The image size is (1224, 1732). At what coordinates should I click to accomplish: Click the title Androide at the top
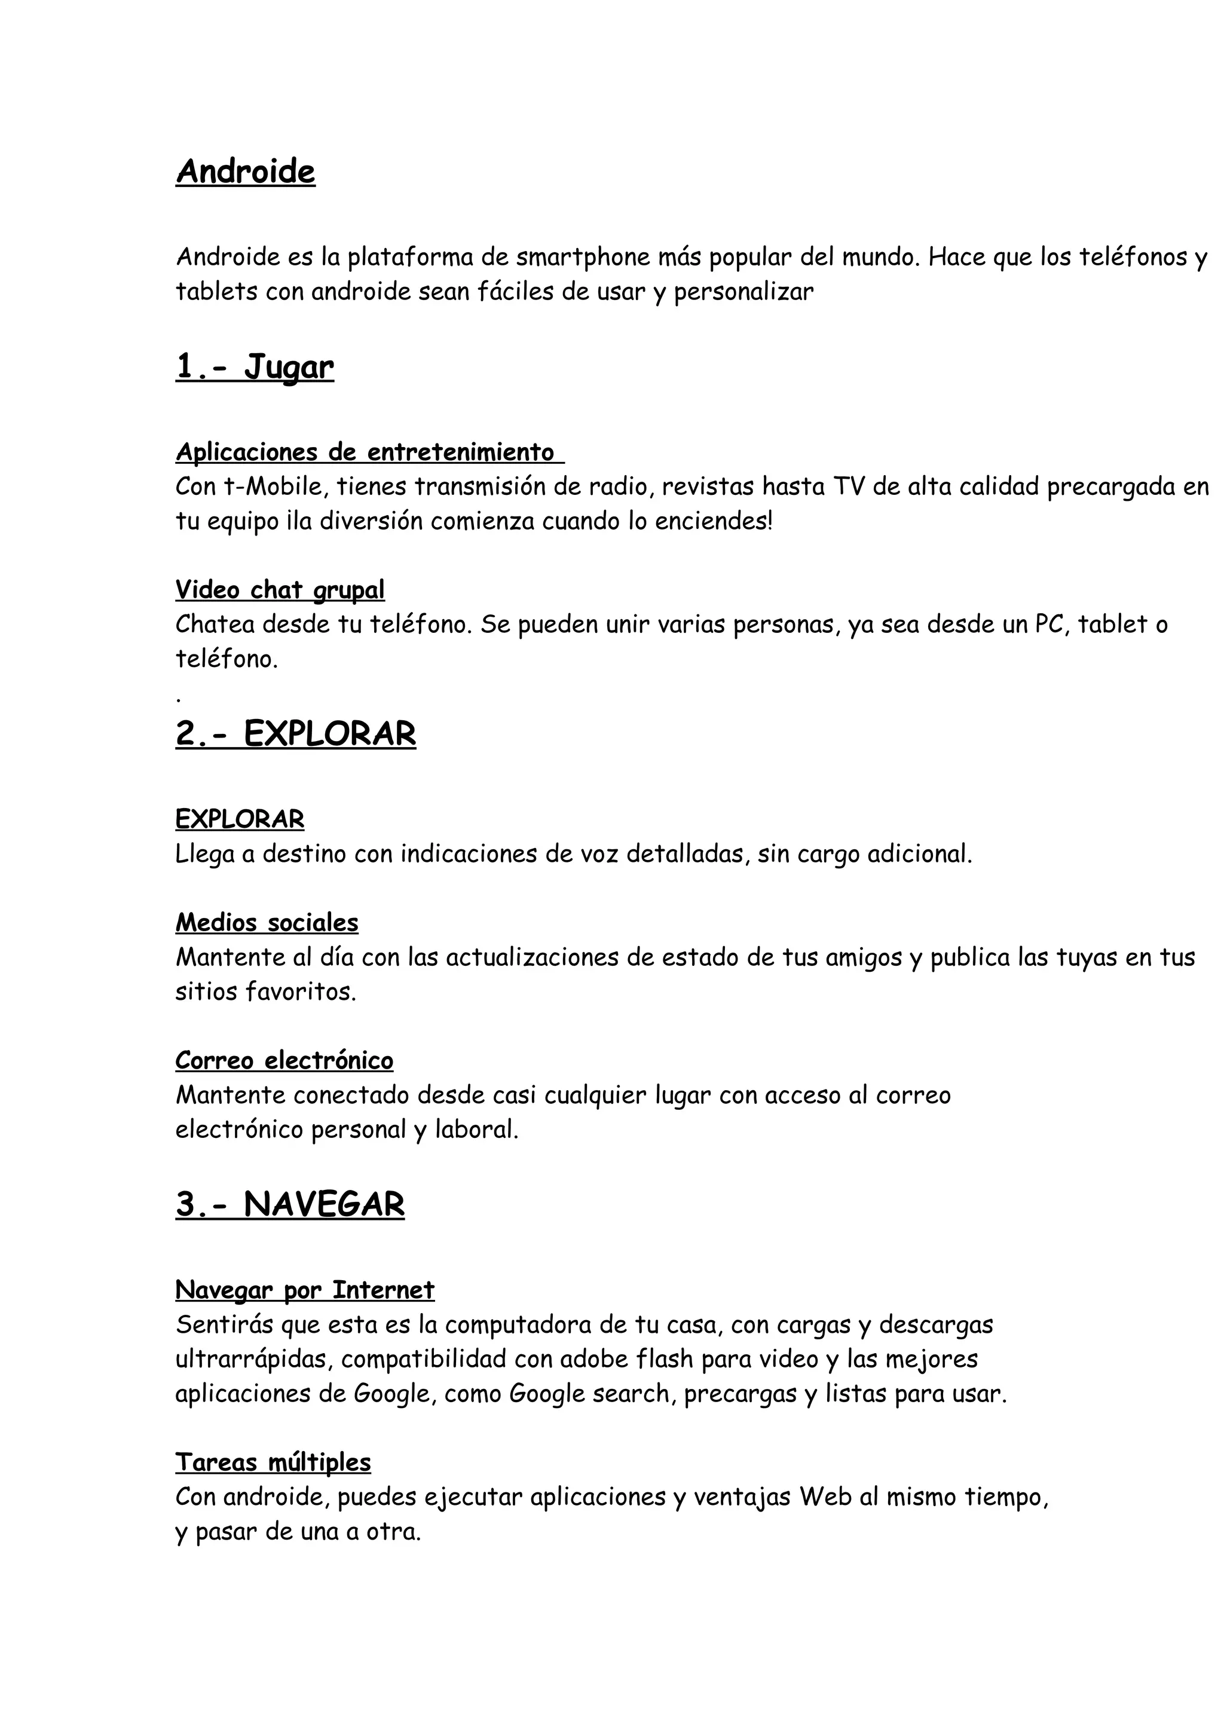pyautogui.click(x=245, y=172)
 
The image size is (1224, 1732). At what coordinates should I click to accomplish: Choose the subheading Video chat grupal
pyautogui.click(x=280, y=589)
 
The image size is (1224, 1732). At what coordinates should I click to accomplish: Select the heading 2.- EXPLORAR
pyautogui.click(x=296, y=733)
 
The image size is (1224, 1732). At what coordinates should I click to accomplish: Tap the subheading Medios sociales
pyautogui.click(x=267, y=923)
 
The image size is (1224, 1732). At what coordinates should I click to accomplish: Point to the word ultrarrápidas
pyautogui.click(x=254, y=1358)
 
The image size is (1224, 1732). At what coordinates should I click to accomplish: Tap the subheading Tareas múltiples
pyautogui.click(x=273, y=1462)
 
